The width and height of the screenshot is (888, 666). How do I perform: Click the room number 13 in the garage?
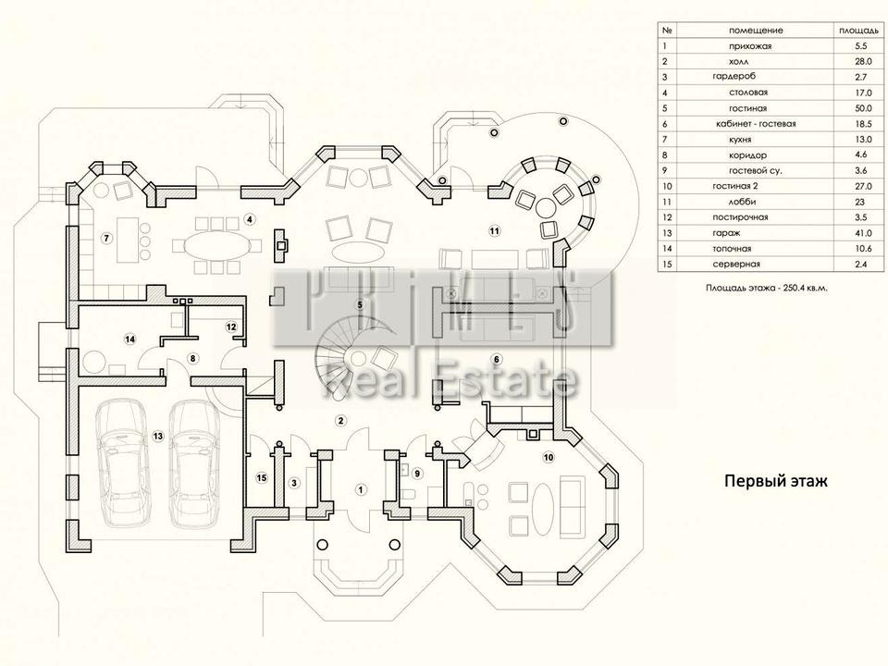158,436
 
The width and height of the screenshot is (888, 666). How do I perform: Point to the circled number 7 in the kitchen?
106,239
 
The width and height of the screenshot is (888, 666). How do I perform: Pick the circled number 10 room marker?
547,457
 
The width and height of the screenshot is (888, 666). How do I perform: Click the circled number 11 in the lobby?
494,230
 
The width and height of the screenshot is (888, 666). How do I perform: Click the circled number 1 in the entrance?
362,489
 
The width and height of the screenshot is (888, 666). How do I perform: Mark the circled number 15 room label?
262,477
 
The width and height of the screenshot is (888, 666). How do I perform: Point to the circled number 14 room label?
130,339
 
